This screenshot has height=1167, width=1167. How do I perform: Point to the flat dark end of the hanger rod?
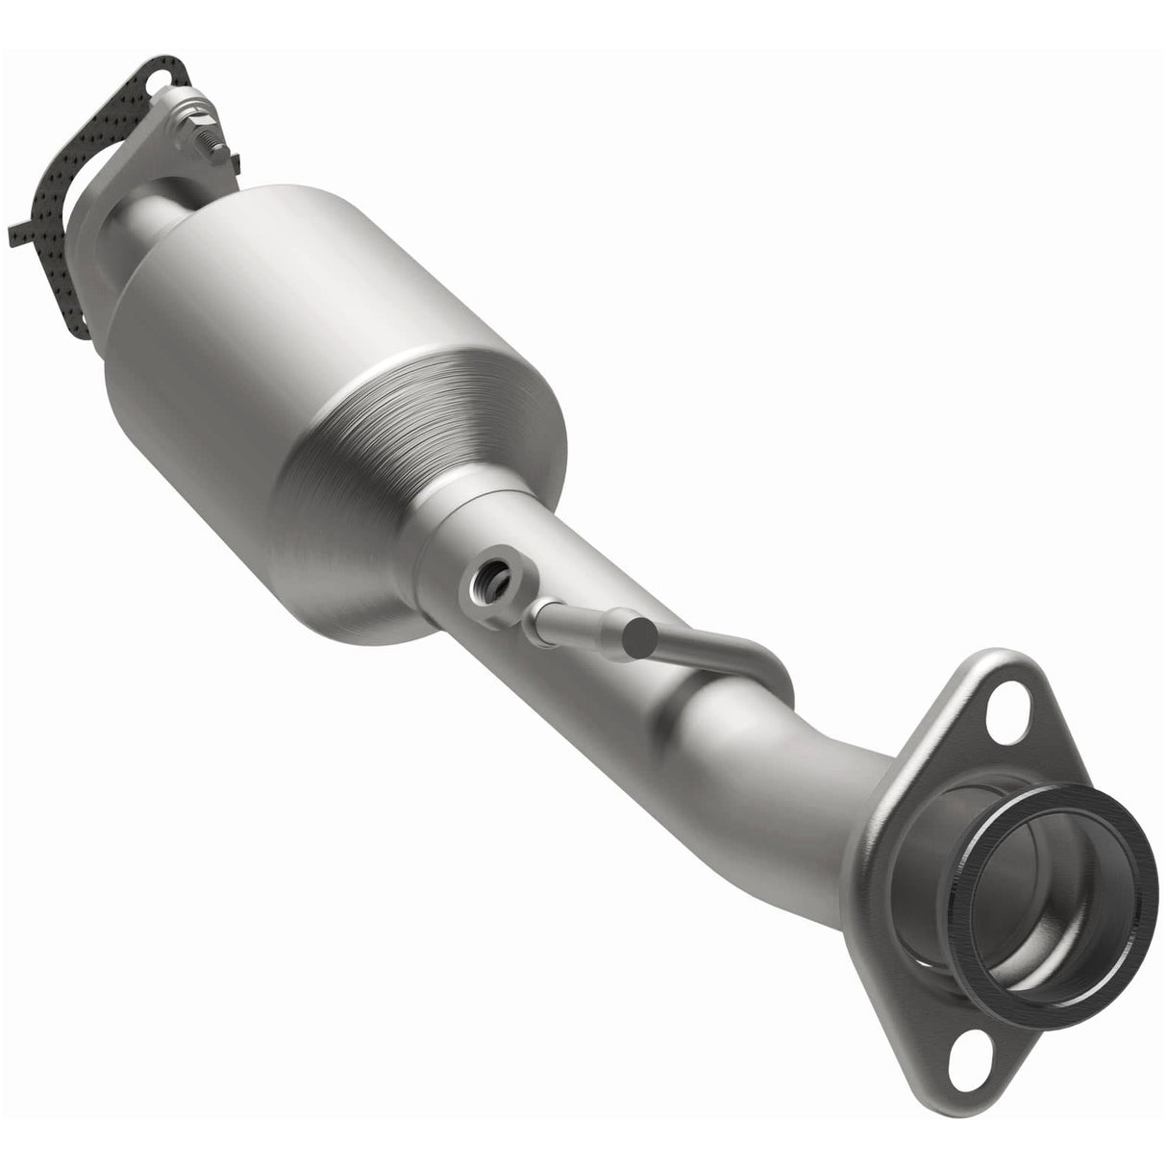[x=635, y=640]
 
